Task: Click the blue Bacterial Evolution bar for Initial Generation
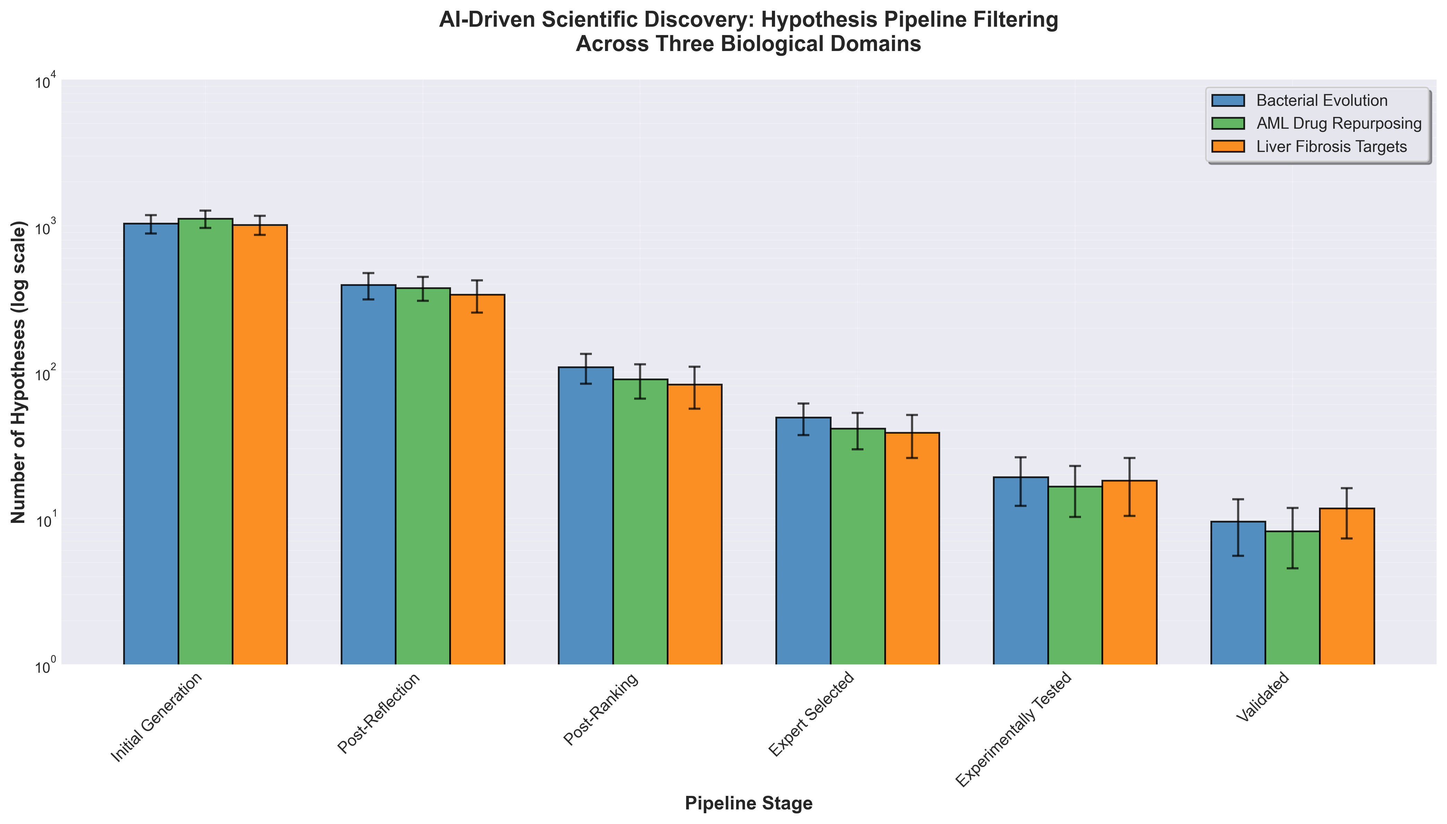pyautogui.click(x=151, y=444)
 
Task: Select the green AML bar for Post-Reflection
pyautogui.click(x=423, y=476)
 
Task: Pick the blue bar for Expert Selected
pyautogui.click(x=803, y=541)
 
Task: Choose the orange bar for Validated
pyautogui.click(x=1347, y=586)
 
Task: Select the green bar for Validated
pyautogui.click(x=1293, y=598)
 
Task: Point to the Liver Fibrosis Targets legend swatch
pyautogui.click(x=1228, y=146)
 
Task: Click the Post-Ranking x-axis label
pyautogui.click(x=601, y=708)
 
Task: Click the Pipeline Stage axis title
pyautogui.click(x=749, y=803)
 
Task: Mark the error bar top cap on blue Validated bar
pyautogui.click(x=1238, y=499)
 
